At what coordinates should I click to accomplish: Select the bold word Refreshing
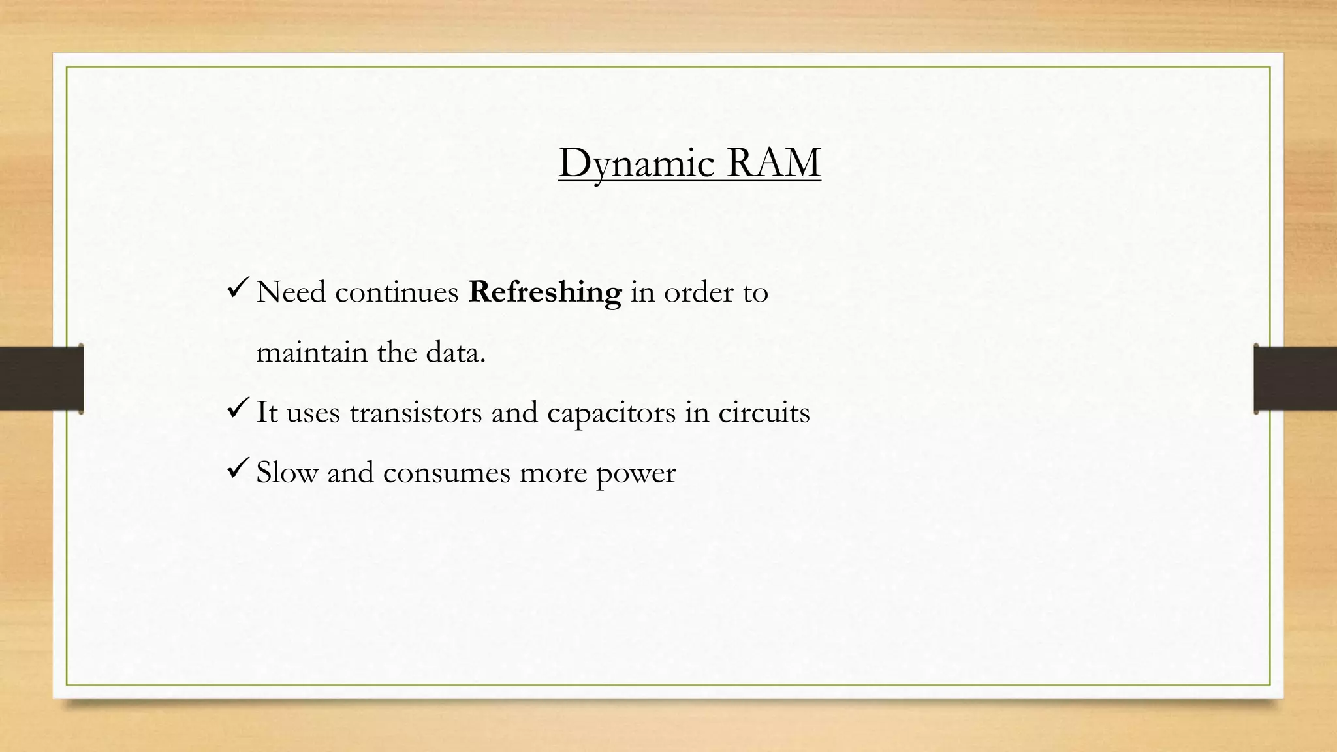point(545,292)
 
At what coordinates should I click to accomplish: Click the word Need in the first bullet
point(291,292)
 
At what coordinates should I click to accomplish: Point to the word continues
point(397,292)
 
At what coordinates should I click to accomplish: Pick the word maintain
point(312,352)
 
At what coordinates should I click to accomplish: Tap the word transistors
point(416,413)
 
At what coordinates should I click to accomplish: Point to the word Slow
point(287,473)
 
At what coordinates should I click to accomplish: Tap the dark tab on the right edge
point(1295,379)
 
